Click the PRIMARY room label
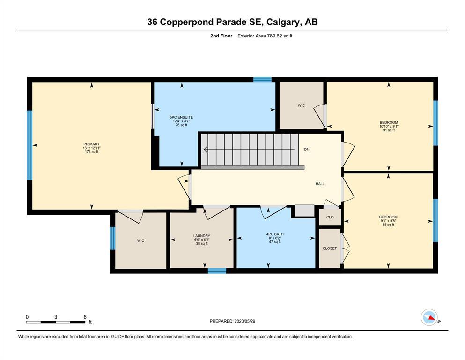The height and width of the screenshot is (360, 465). pyautogui.click(x=91, y=144)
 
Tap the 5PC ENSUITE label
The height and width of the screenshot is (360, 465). pyautogui.click(x=181, y=117)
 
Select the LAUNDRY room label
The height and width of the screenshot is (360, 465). pyautogui.click(x=202, y=236)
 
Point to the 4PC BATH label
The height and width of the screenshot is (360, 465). pyautogui.click(x=275, y=234)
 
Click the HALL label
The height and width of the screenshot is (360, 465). pyautogui.click(x=320, y=184)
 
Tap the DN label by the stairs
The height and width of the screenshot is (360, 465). pyautogui.click(x=307, y=149)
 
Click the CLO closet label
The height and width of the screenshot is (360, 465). pyautogui.click(x=330, y=217)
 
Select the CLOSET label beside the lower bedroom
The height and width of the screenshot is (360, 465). pyautogui.click(x=330, y=248)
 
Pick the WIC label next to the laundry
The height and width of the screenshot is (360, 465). pyautogui.click(x=140, y=240)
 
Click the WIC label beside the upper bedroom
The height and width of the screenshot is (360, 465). pyautogui.click(x=301, y=105)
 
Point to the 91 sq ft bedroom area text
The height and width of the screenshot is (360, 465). pyautogui.click(x=389, y=130)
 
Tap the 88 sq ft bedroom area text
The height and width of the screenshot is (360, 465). pyautogui.click(x=388, y=225)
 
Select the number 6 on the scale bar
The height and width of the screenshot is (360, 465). pyautogui.click(x=85, y=317)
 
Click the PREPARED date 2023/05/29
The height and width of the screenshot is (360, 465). pyautogui.click(x=244, y=321)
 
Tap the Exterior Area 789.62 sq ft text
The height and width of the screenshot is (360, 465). pyautogui.click(x=265, y=36)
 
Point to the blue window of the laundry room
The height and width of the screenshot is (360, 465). pyautogui.click(x=217, y=270)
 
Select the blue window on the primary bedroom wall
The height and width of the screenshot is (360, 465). pyautogui.click(x=30, y=145)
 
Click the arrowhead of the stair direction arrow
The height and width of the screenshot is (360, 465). pyautogui.click(x=205, y=150)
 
